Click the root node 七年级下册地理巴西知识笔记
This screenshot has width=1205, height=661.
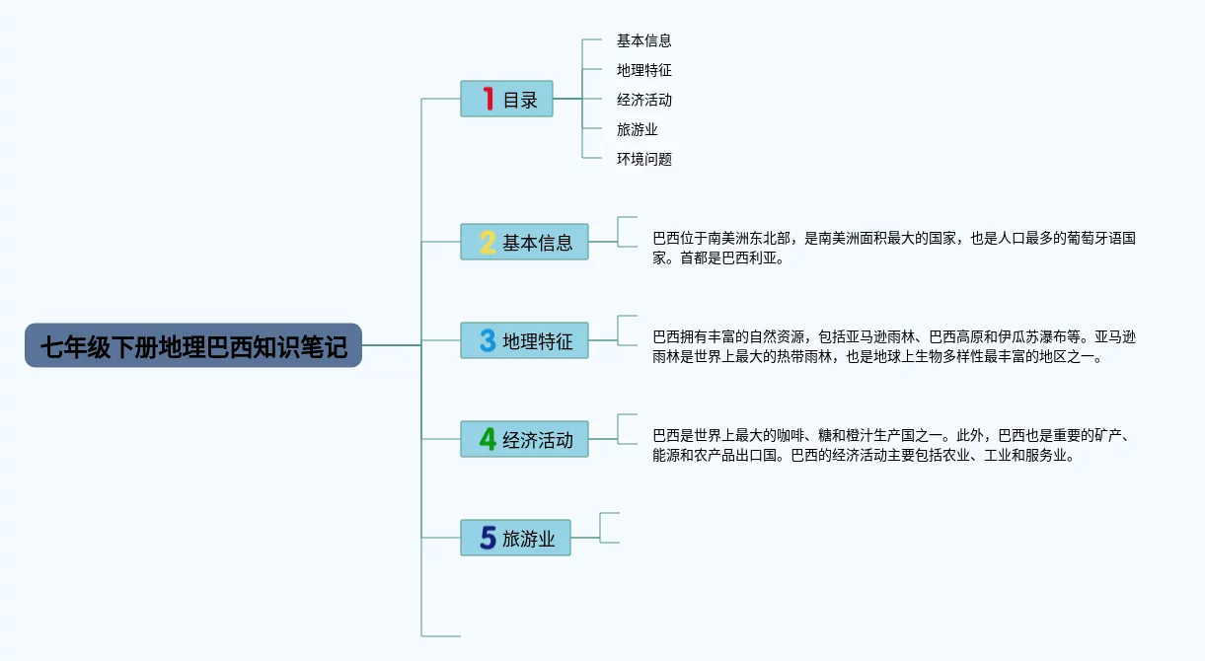tap(193, 345)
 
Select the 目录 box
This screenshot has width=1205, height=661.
tap(506, 99)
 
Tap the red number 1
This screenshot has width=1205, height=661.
tap(489, 99)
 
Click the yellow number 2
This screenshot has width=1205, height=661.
tap(488, 242)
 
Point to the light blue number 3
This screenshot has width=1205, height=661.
tap(488, 340)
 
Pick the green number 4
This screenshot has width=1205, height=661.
tap(488, 439)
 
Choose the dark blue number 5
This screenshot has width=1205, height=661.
tap(488, 538)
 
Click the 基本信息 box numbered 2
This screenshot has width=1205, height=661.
tap(524, 242)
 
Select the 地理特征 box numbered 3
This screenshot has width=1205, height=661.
tap(524, 340)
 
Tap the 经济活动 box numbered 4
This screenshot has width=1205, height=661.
tap(524, 439)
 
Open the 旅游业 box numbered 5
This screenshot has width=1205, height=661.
tap(515, 538)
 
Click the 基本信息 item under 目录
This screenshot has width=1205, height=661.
tap(643, 40)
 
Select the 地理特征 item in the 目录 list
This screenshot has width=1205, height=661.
tap(643, 70)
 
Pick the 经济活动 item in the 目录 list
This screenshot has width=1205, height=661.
tap(643, 100)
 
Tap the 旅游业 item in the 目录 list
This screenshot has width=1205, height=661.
tap(637, 129)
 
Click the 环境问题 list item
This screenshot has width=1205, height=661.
tap(643, 159)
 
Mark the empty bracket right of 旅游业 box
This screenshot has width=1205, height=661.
tap(600, 528)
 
